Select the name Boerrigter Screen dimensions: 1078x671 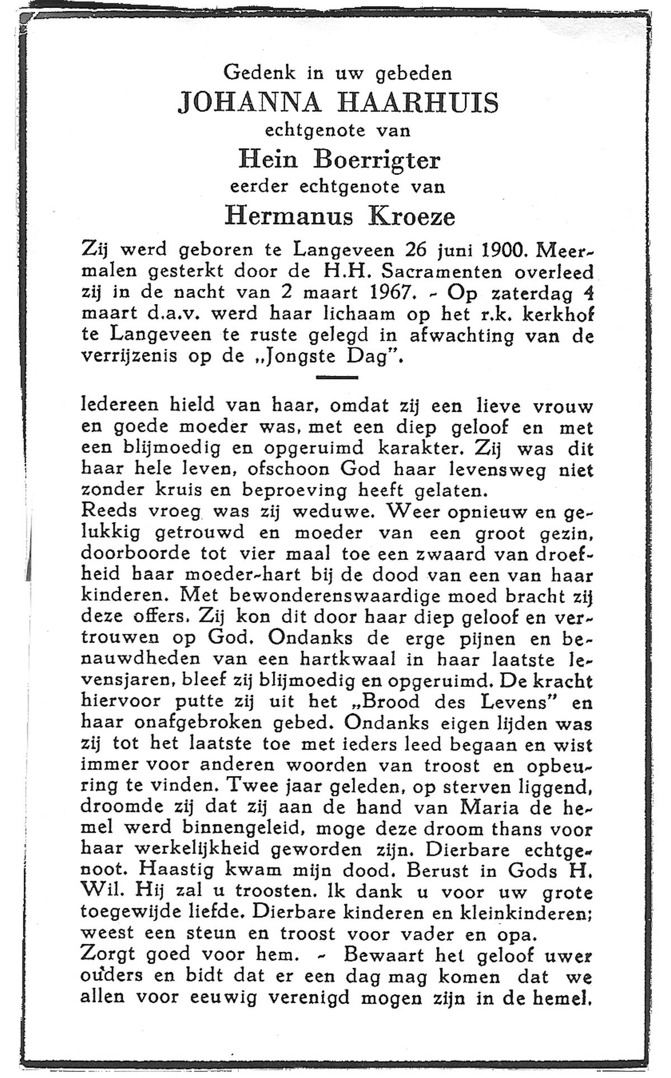pyautogui.click(x=377, y=160)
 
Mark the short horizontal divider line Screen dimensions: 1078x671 pyautogui.click(x=337, y=378)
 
